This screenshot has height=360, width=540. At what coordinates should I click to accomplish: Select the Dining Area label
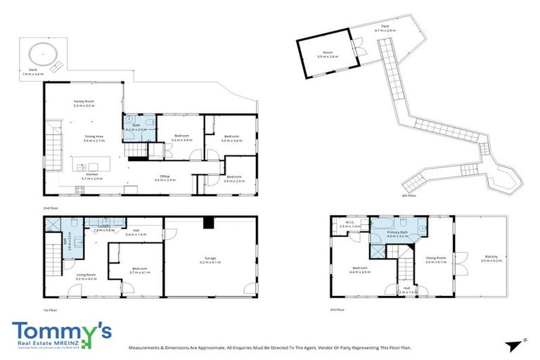94,139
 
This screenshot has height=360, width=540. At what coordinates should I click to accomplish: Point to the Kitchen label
92,176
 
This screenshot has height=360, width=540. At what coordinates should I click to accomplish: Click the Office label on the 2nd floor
165,178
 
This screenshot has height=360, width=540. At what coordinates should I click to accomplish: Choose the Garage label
210,259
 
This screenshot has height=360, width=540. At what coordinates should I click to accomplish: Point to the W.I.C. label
349,225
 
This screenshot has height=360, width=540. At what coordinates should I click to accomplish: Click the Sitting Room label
436,259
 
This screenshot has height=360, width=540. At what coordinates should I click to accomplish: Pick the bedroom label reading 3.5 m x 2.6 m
234,179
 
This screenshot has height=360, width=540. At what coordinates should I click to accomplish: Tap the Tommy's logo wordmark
61,330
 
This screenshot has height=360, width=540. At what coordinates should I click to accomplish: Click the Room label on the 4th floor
327,53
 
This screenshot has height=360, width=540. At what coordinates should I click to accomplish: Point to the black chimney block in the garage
207,223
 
